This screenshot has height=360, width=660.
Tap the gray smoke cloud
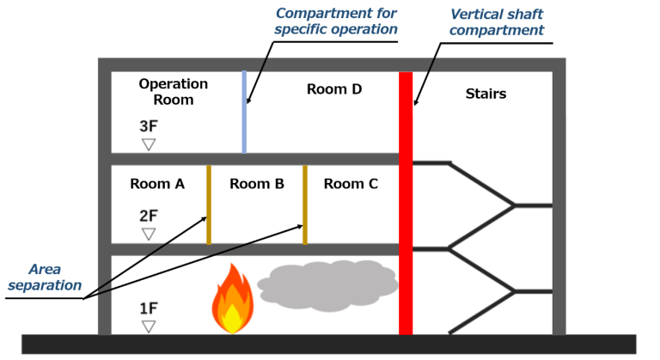(x=327, y=283)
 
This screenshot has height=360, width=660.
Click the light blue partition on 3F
(x=244, y=112)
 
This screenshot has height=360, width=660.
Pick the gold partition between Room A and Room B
(x=208, y=204)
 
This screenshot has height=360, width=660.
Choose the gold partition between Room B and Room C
(x=304, y=204)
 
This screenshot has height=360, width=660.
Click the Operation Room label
(x=173, y=91)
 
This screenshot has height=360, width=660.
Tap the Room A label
(x=157, y=183)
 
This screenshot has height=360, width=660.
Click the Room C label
(x=350, y=183)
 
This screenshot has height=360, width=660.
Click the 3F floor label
(x=148, y=125)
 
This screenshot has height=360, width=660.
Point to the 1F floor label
(x=148, y=307)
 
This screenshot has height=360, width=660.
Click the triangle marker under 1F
(x=149, y=326)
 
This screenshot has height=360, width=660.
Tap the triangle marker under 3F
(x=149, y=144)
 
